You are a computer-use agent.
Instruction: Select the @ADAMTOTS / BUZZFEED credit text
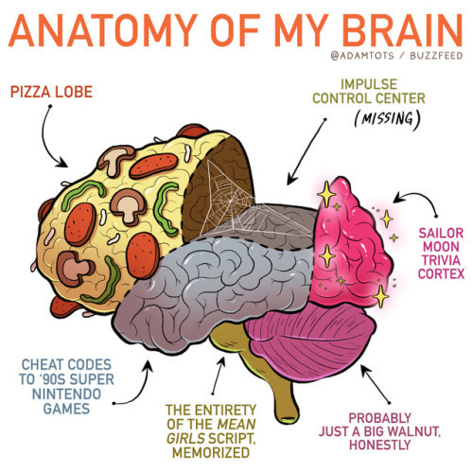(396, 56)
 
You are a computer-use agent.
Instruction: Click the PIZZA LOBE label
(51, 92)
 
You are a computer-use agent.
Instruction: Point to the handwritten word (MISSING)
(388, 119)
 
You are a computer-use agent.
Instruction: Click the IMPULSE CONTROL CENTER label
(369, 92)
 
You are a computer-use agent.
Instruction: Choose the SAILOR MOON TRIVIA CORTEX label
(441, 254)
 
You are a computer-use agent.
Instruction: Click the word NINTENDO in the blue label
(66, 394)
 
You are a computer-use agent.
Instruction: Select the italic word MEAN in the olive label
(236, 424)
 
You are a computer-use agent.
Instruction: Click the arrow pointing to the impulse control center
(307, 151)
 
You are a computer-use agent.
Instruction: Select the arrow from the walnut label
(376, 384)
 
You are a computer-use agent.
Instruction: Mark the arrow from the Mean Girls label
(219, 376)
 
